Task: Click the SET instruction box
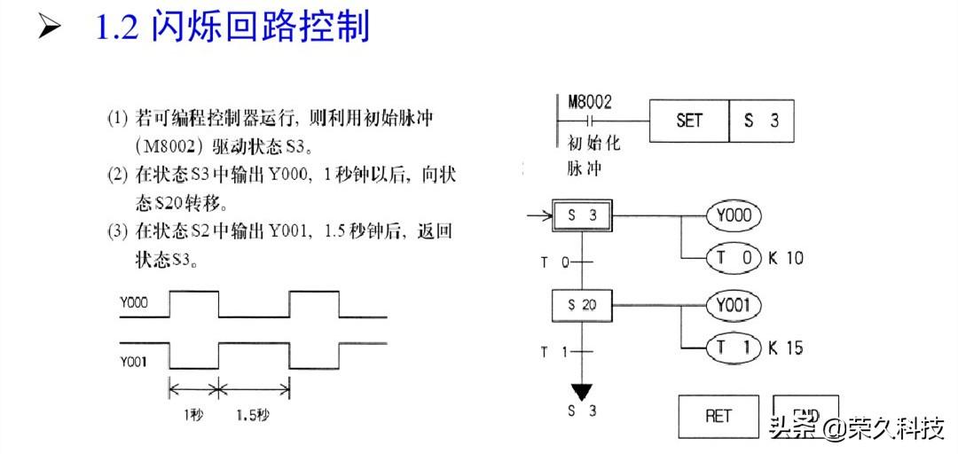coord(689,121)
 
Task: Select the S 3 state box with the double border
coord(582,215)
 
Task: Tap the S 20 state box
coord(582,305)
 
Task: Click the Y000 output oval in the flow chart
coord(734,215)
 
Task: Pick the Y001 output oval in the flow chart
coord(734,306)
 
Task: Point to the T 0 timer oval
coord(734,258)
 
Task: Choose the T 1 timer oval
coord(734,348)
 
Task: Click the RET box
coord(718,415)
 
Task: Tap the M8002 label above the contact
coord(590,102)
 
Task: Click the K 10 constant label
coord(786,259)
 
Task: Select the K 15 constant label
coord(786,348)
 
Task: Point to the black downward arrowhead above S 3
coord(582,390)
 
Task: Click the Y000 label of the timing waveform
coord(134,303)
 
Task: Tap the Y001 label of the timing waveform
coord(134,361)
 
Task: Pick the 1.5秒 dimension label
coord(253,414)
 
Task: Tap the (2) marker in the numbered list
coord(118,175)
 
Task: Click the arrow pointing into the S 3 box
coord(538,215)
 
